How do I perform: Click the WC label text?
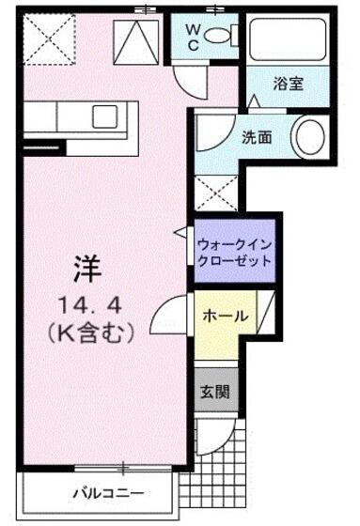193,38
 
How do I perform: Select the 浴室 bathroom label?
289,84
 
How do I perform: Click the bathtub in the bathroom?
289,39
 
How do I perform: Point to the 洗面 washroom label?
257,137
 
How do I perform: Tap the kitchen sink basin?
104,116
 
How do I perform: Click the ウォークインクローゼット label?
234,253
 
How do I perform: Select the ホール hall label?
226,316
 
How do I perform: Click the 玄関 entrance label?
215,391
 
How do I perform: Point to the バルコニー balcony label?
108,493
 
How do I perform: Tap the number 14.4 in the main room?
89,306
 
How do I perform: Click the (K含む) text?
90,332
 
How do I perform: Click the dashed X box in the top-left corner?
50,39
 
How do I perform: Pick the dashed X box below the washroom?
216,193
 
